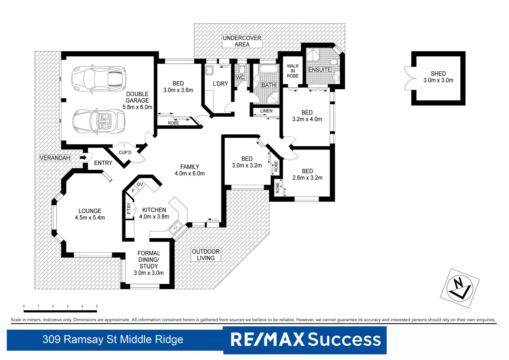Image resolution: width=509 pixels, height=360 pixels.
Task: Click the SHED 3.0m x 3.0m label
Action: [x=438, y=77]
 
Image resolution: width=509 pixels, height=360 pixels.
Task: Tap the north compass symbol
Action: [x=460, y=288]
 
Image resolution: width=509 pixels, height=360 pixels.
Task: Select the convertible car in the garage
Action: [x=99, y=121]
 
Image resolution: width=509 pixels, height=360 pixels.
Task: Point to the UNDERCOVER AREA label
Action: [x=242, y=41]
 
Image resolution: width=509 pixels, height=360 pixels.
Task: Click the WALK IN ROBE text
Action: [x=292, y=71]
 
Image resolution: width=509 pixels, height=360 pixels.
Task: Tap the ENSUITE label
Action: [x=319, y=70]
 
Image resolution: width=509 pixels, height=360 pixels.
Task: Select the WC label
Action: [x=240, y=77]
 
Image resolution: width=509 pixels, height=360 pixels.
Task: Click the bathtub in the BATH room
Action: [x=268, y=69]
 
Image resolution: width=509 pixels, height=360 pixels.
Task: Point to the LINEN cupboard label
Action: [x=266, y=111]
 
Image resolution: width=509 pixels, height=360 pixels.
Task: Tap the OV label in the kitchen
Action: [x=140, y=184]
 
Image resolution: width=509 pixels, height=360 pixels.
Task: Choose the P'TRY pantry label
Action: [x=129, y=209]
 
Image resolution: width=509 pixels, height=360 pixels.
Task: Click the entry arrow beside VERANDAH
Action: [x=83, y=157]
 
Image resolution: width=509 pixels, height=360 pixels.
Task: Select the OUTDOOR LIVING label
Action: [x=206, y=255]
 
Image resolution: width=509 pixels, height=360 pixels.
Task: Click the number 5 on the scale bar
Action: [x=97, y=306]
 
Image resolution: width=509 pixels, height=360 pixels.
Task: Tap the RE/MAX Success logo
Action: [x=305, y=340]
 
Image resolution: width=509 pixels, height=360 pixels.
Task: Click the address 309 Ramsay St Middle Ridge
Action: [x=113, y=339]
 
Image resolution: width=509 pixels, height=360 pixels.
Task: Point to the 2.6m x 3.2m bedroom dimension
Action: [x=307, y=178]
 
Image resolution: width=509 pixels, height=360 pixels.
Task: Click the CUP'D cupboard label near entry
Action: [x=125, y=153]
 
